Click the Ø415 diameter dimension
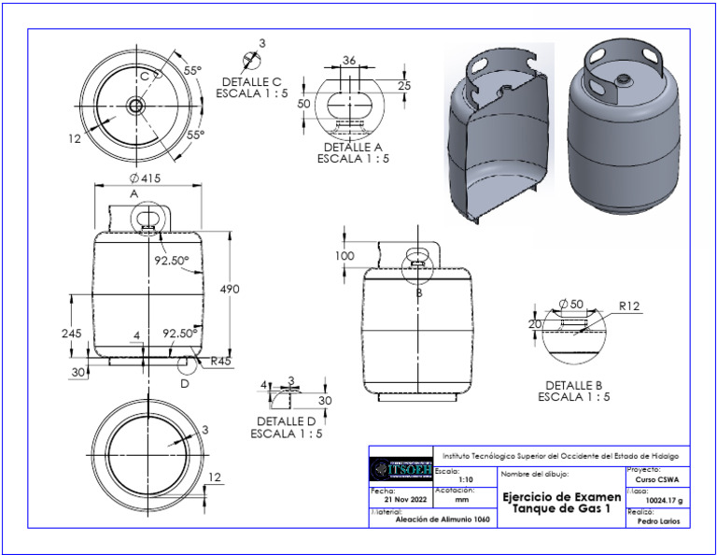click(x=147, y=178)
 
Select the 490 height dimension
click(x=230, y=290)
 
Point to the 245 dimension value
click(x=72, y=333)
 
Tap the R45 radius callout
click(x=220, y=361)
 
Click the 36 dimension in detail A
click(x=349, y=60)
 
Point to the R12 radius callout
click(x=629, y=305)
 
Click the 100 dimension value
click(x=345, y=256)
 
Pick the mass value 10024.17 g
click(x=659, y=500)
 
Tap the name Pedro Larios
click(x=659, y=521)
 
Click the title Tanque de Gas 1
click(x=561, y=507)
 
